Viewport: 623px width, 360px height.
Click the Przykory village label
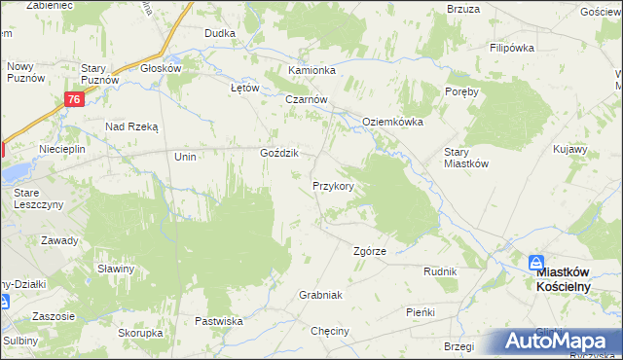[x=339, y=185]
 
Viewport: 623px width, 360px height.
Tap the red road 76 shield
[x=75, y=99]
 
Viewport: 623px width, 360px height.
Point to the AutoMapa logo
[x=555, y=342]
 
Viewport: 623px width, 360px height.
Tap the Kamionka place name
[x=311, y=71]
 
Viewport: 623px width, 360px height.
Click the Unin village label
[x=185, y=157]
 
